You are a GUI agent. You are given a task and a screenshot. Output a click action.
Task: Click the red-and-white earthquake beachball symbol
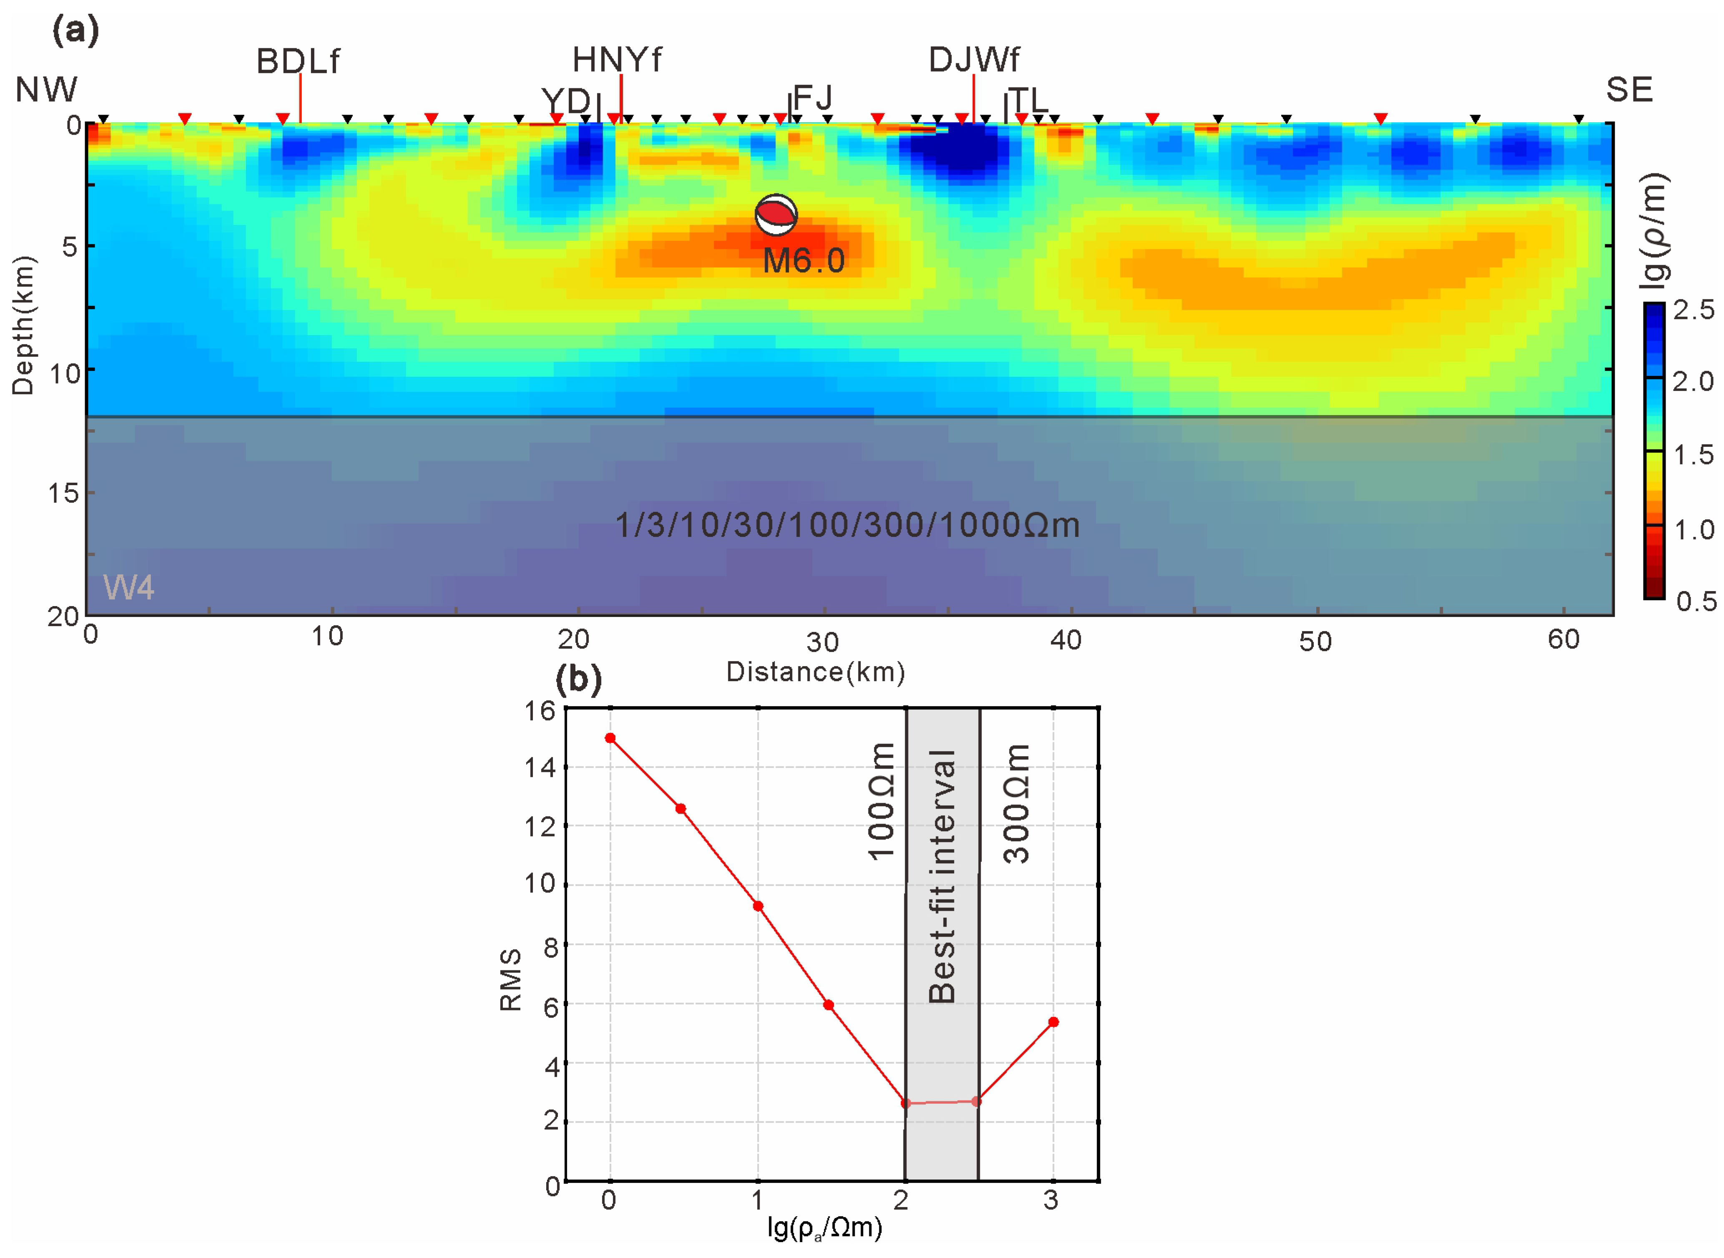pos(776,215)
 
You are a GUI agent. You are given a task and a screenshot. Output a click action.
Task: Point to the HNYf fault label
pos(617,59)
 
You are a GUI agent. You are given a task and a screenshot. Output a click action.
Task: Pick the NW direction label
pos(46,90)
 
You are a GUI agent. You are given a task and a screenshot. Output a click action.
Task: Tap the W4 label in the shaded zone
pos(129,587)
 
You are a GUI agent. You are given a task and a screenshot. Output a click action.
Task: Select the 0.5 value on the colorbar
pos(1696,601)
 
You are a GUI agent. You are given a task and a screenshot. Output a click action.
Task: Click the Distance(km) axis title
pos(816,672)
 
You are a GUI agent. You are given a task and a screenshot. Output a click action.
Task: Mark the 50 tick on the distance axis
pos(1315,641)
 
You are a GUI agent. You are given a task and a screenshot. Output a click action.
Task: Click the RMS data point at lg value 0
pos(610,738)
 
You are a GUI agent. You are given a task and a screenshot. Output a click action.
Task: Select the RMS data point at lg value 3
pos(1053,1022)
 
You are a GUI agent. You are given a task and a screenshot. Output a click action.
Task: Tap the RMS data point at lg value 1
pos(758,906)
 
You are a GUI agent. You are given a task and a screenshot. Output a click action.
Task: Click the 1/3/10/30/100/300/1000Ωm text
pos(847,526)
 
